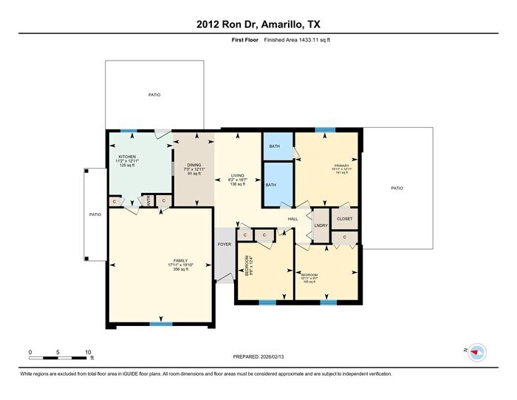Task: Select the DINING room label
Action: (x=194, y=166)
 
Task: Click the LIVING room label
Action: (x=237, y=175)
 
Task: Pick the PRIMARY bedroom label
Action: (x=340, y=166)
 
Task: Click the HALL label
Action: (x=292, y=220)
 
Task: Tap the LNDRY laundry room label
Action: (x=321, y=227)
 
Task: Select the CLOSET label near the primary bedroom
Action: (x=344, y=219)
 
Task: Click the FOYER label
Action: (x=224, y=244)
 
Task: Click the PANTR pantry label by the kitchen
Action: (x=148, y=200)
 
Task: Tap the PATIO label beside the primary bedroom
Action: (x=397, y=189)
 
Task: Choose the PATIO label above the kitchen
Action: (x=154, y=95)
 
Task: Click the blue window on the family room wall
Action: (x=160, y=324)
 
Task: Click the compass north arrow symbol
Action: (x=476, y=350)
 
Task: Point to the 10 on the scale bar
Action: (x=88, y=351)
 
